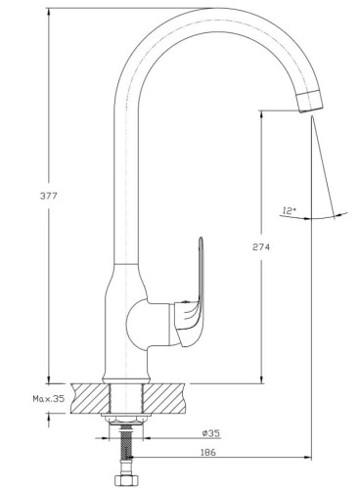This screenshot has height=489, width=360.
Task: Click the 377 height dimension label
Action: tap(48, 196)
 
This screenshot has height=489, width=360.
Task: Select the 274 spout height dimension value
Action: tap(261, 247)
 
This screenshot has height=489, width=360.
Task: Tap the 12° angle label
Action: tap(289, 211)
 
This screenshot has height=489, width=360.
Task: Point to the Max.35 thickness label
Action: tap(49, 398)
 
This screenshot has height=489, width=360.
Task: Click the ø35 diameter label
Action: tap(211, 433)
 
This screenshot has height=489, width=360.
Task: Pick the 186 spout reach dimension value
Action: tap(208, 452)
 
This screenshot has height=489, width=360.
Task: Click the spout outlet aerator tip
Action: tap(311, 102)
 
